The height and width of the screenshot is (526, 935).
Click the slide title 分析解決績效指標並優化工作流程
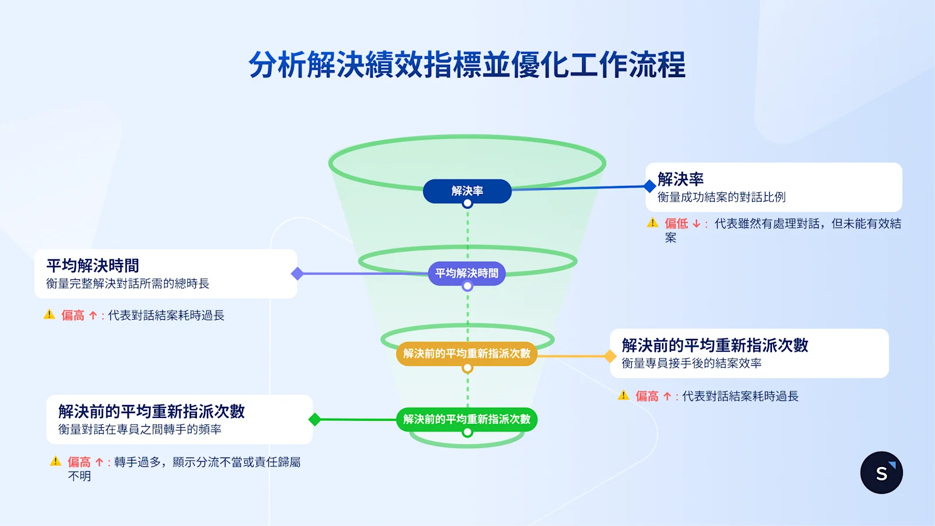pos(467,64)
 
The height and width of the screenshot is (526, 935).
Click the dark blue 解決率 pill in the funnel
pos(467,191)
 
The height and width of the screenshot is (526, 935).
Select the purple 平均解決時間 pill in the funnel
pos(466,273)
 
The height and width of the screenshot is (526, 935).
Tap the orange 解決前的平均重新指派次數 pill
pos(466,354)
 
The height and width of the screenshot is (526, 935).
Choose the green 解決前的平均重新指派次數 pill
pos(466,419)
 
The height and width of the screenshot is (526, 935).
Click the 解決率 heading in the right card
pos(680,179)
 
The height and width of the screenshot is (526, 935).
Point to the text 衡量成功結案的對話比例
pos(721,198)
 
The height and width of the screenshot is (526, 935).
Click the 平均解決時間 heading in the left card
pos(92,266)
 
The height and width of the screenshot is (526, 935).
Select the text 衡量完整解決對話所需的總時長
pos(127,284)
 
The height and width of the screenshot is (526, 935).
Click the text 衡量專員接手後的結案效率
pos(691,364)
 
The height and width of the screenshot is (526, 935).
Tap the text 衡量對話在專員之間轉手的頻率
pos(140,430)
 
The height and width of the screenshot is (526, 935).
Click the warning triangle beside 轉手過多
pos(56,461)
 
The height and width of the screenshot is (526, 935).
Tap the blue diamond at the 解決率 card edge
pos(649,186)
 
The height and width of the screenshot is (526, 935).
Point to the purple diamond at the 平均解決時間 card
pos(297,274)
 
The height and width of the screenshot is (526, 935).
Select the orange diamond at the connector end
pos(610,356)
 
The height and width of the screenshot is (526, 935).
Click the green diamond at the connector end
pos(314,419)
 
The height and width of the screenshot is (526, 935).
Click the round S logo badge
pos(881,473)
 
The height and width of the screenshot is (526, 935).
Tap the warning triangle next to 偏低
pos(653,223)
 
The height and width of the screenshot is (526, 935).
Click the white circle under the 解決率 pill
pos(467,204)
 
